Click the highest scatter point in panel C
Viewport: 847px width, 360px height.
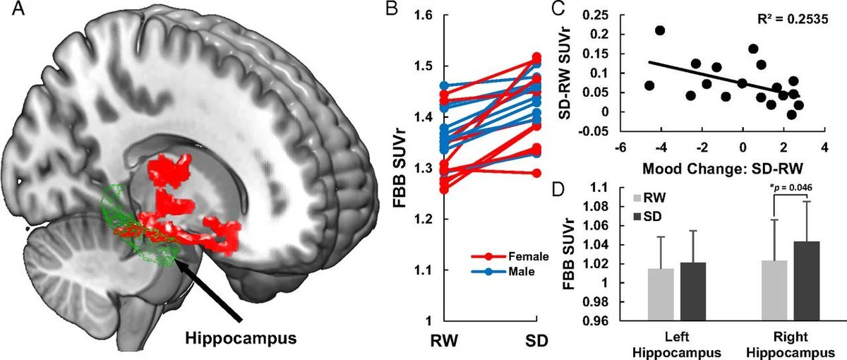(x=660, y=30)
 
